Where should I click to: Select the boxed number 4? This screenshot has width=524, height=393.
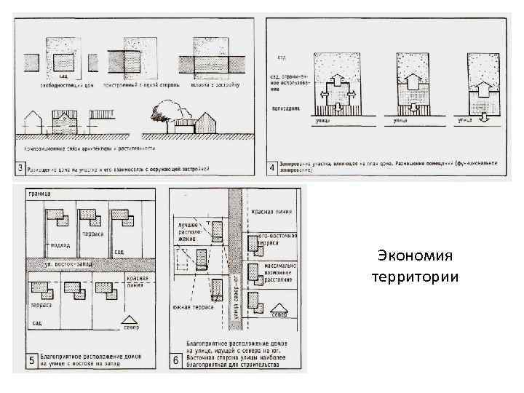(x=272, y=168)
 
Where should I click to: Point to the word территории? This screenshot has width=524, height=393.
(x=415, y=277)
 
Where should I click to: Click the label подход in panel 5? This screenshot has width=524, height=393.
(x=61, y=245)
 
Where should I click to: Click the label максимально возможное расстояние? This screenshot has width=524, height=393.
(x=277, y=274)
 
